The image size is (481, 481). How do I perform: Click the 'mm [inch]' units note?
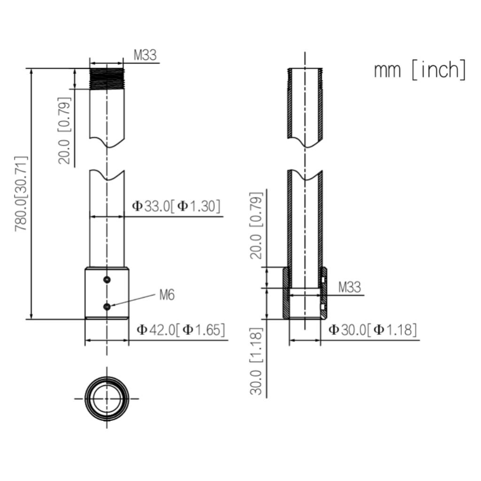419,70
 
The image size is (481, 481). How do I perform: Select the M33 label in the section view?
349,287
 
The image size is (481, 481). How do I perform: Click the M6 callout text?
167,295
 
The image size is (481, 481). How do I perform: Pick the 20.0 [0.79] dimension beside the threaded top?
65,131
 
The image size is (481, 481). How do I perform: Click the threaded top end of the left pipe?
107,78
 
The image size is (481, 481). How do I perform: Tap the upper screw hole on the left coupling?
108,280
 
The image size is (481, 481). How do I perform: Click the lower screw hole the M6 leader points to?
107,307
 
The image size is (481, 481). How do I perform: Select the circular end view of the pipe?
107,398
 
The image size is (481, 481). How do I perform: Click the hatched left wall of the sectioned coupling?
286,294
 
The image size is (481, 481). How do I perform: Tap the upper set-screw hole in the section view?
323,280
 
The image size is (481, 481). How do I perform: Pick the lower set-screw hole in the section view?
323,307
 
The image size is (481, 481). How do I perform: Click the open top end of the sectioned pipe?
305,70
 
